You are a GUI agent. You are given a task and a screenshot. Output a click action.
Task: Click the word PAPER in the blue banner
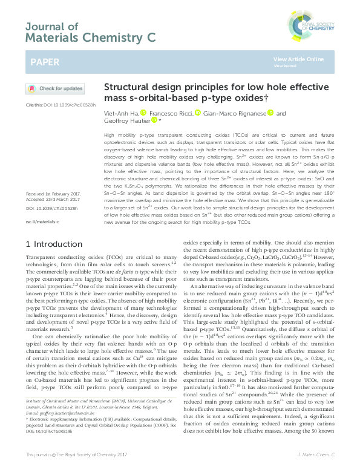click(x=45, y=62)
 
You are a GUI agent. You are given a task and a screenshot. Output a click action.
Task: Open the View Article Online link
click(x=298, y=59)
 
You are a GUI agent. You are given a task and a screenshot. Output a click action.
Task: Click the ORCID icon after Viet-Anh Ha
click(x=143, y=113)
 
